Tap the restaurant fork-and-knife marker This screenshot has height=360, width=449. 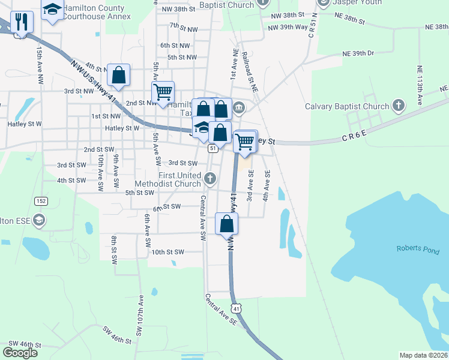point(22,22)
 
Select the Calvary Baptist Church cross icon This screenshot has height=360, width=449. point(397,106)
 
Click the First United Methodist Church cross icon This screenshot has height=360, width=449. point(210,178)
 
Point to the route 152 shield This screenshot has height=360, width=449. point(40,200)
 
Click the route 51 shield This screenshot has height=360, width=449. point(212,148)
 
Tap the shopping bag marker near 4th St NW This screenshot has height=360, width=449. point(118,76)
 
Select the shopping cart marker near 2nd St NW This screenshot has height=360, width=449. point(163,92)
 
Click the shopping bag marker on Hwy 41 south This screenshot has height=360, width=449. point(227,224)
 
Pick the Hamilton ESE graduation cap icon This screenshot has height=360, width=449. point(39,221)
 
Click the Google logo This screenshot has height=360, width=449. point(20,352)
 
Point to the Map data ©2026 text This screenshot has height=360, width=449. point(423,355)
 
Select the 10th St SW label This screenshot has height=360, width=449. point(167,252)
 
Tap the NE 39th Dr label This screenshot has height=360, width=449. point(358,53)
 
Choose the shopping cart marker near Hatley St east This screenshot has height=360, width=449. point(245,142)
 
